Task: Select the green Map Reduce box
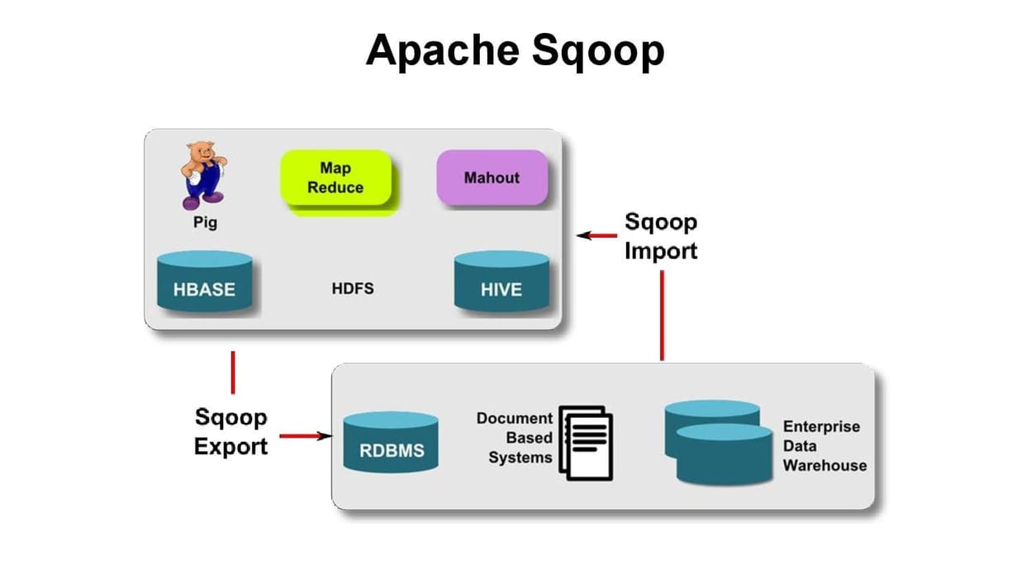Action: point(335,179)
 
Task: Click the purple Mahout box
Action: point(492,178)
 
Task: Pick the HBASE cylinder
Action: point(204,283)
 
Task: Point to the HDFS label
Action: point(352,288)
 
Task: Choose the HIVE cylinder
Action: point(501,283)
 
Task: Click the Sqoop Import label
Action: point(661,236)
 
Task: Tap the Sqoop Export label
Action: point(231,432)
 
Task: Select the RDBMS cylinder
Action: point(391,444)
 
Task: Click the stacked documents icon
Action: point(587,442)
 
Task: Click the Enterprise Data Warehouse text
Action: point(824,446)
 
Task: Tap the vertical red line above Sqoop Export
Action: point(233,372)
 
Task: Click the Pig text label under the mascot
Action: point(204,223)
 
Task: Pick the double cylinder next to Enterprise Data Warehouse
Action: point(718,442)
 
